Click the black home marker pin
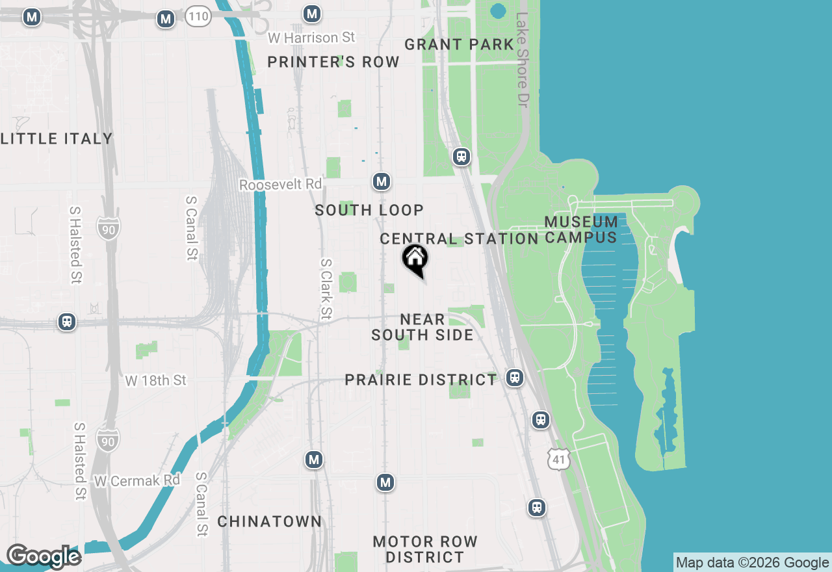tap(415, 259)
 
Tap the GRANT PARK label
tap(459, 44)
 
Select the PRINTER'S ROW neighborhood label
tap(333, 62)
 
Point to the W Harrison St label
tap(311, 38)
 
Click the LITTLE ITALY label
tap(57, 138)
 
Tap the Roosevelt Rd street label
tap(280, 185)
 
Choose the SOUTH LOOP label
tap(369, 210)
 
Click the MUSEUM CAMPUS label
tap(580, 229)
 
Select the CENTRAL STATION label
tap(459, 239)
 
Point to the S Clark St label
tap(326, 289)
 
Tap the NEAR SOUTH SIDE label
tap(422, 327)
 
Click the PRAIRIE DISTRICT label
tap(421, 380)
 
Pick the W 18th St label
tap(156, 380)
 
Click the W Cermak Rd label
tap(137, 481)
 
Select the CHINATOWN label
tap(269, 521)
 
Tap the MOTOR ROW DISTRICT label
tap(425, 549)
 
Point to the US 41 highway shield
tap(559, 459)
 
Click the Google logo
tap(44, 556)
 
